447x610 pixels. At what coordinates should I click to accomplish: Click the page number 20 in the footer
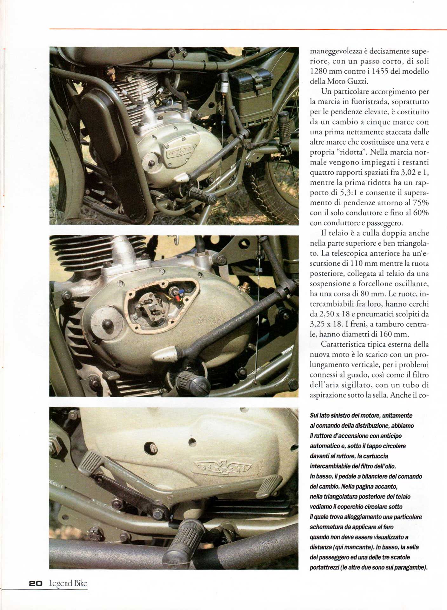tap(35, 583)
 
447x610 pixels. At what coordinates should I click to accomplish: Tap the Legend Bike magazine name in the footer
tap(68, 583)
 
